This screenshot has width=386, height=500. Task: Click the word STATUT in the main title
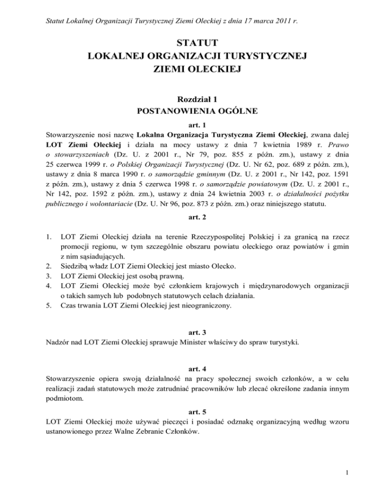click(x=193, y=41)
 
